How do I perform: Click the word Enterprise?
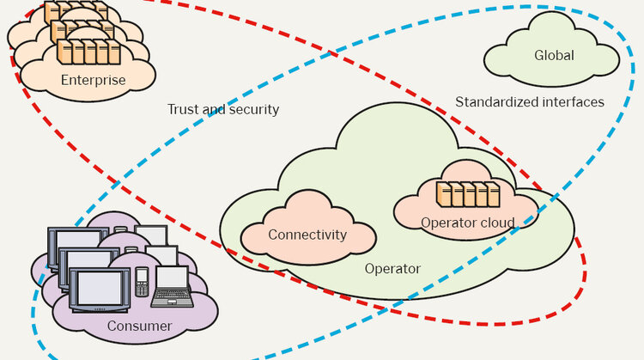(94, 81)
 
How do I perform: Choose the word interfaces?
(572, 101)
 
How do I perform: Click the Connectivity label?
(307, 235)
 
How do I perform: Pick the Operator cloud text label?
(467, 223)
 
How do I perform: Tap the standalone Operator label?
(392, 269)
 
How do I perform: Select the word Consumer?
(139, 326)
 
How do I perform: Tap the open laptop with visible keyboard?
(173, 287)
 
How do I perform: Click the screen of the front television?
(99, 287)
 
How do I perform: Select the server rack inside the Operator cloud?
(468, 195)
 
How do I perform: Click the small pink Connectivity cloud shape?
(307, 225)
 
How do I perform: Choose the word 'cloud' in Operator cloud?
(498, 223)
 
